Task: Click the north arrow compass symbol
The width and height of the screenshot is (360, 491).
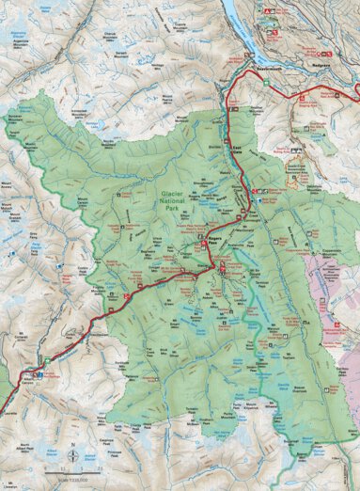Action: pos(72,449)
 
